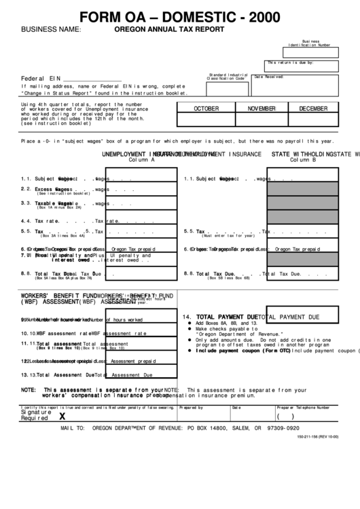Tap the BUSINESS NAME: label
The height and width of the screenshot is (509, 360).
(x=51, y=30)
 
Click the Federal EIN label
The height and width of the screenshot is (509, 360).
(x=41, y=78)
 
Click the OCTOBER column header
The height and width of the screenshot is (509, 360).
(x=206, y=109)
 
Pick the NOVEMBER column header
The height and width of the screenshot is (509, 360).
(x=262, y=109)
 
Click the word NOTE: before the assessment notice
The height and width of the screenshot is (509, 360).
(x=29, y=389)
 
